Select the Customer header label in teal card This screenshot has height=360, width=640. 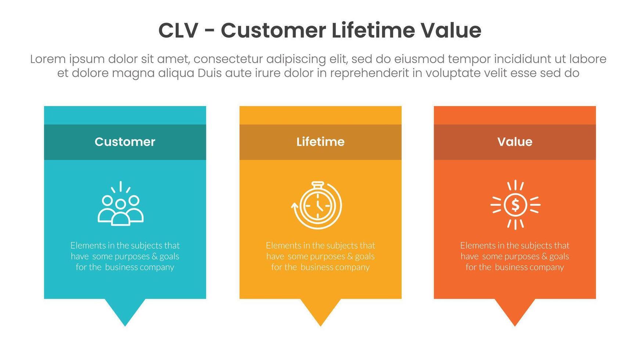125,142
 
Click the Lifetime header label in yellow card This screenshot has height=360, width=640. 320,142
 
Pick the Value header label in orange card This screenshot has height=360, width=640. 515,142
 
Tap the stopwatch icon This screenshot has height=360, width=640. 317,205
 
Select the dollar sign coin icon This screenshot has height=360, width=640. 515,205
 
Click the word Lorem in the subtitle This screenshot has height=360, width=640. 48,59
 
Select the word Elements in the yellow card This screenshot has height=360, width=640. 281,245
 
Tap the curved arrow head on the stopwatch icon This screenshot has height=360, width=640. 294,206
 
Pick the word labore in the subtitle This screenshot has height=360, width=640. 588,59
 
